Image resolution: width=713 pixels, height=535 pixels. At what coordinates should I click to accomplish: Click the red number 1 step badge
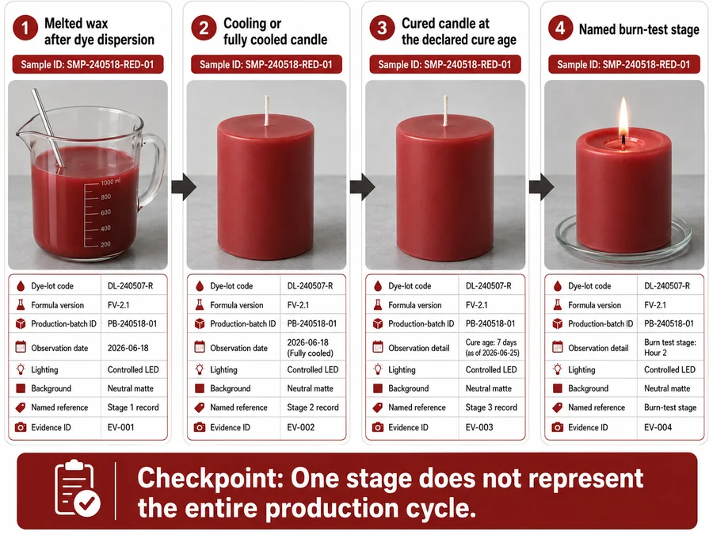pyautogui.click(x=25, y=29)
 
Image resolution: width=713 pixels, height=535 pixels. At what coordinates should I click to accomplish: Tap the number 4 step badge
pyautogui.click(x=560, y=29)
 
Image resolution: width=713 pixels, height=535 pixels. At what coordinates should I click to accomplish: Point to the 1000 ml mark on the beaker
pyautogui.click(x=110, y=182)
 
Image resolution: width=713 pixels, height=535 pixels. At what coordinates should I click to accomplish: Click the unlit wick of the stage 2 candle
pyautogui.click(x=267, y=110)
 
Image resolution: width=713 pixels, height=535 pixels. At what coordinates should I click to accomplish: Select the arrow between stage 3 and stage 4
pyautogui.click(x=541, y=186)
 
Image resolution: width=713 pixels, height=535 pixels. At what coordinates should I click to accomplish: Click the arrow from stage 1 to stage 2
pyautogui.click(x=184, y=186)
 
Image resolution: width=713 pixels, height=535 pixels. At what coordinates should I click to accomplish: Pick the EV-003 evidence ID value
pyautogui.click(x=479, y=427)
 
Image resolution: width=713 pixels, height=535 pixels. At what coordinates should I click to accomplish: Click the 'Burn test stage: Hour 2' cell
pyautogui.click(x=669, y=348)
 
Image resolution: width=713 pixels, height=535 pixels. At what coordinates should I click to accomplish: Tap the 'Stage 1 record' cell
pyautogui.click(x=133, y=407)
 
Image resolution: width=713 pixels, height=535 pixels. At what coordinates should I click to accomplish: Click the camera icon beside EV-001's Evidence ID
pyautogui.click(x=21, y=427)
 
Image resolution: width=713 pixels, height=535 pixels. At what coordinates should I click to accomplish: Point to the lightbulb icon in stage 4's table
pyautogui.click(x=558, y=369)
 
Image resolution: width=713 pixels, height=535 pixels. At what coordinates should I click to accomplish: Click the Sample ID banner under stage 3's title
pyautogui.click(x=444, y=65)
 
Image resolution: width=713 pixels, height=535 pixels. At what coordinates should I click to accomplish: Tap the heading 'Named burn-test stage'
pyautogui.click(x=639, y=29)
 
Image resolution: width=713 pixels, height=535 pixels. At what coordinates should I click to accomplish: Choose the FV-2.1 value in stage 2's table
pyautogui.click(x=298, y=305)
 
